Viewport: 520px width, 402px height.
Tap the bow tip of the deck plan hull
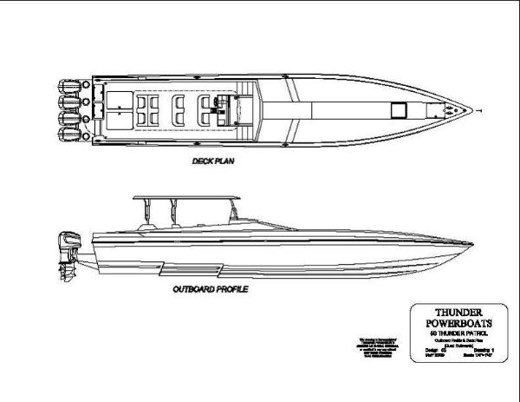476,110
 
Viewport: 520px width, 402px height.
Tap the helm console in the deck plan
213,109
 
